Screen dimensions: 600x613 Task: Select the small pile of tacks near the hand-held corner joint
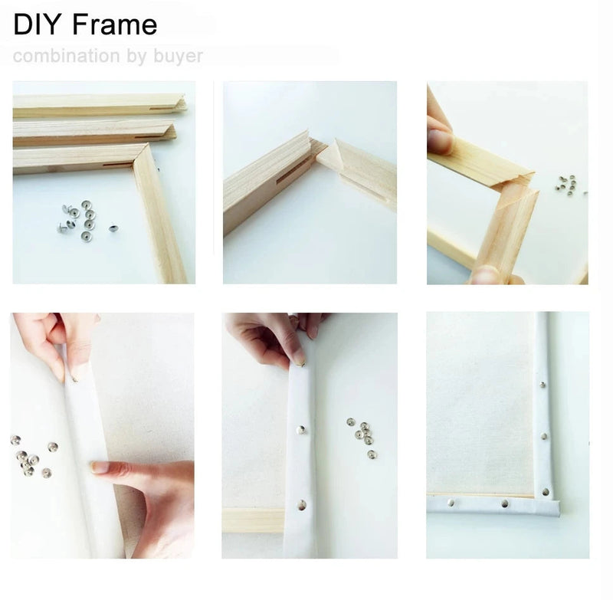pos(567,185)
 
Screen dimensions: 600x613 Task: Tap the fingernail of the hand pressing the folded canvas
pos(100,467)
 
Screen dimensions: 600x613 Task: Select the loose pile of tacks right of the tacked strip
pos(362,438)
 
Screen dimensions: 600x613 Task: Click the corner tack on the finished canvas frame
pos(546,492)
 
